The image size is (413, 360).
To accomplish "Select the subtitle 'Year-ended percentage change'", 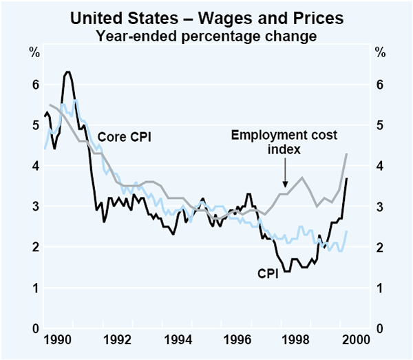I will coord(207,35).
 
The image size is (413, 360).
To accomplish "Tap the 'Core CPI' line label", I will coord(124,137).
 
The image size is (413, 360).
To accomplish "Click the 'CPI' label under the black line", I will coord(267,274).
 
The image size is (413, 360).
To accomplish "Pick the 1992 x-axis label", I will coord(118,339).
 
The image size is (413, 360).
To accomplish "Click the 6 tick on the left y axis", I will coord(34,85).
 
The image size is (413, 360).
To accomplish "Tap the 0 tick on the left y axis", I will coord(34,328).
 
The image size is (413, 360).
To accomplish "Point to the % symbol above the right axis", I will coord(380,52).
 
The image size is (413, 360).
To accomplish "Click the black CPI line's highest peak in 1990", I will coord(67,72).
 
